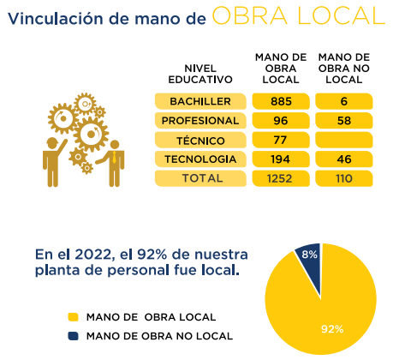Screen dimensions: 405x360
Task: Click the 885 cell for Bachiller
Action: point(281,101)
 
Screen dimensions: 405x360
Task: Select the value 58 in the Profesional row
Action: point(344,121)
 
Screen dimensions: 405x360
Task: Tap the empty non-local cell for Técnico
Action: point(344,140)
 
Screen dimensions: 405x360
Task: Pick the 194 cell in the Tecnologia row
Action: point(281,159)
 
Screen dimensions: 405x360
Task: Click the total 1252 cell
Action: point(281,178)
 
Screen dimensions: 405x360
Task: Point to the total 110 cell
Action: point(344,178)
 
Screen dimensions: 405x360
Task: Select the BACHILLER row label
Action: point(200,101)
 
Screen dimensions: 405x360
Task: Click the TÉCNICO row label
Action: point(200,140)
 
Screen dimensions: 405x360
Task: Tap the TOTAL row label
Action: point(200,178)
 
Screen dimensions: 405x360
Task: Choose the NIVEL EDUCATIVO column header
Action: point(200,74)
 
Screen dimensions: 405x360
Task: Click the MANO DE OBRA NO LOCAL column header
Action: point(344,69)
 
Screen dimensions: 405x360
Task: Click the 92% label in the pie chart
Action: point(332,329)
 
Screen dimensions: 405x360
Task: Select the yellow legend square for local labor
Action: point(73,317)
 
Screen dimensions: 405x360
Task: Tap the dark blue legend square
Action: point(73,336)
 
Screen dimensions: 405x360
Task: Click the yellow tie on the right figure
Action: point(114,157)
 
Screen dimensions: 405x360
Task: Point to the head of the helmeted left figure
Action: point(52,143)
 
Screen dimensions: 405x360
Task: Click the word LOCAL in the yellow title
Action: point(341,15)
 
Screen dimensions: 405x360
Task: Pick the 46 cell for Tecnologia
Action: point(344,159)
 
